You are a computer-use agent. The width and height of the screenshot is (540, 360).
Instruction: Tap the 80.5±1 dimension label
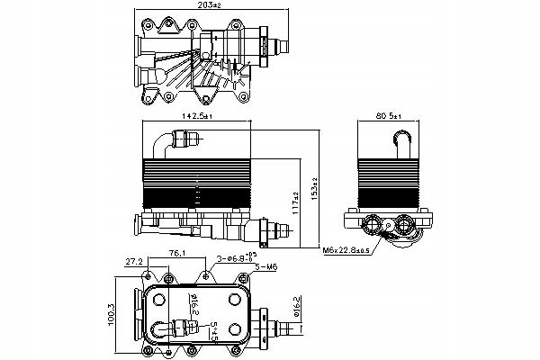(396, 116)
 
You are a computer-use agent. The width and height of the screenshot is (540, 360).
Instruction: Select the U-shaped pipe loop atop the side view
(402, 139)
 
